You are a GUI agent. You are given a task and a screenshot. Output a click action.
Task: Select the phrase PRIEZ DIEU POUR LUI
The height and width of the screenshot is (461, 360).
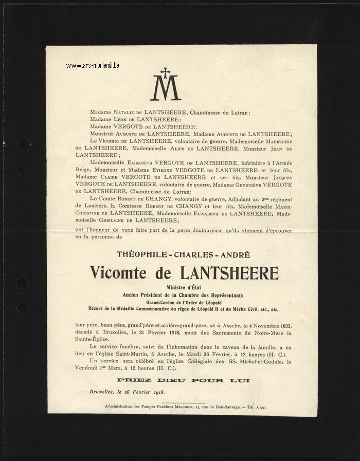183,380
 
